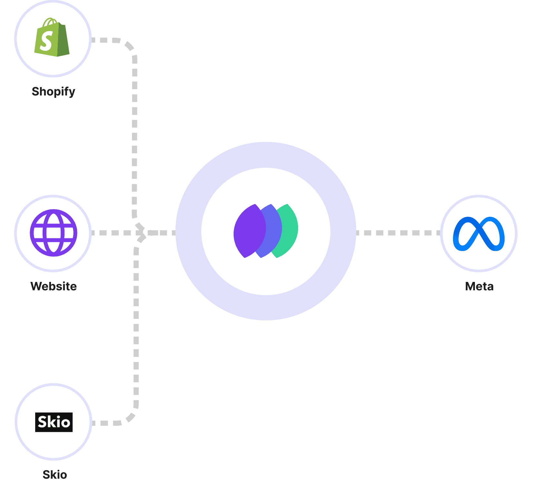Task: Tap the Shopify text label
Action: coord(53,92)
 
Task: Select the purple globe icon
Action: coord(54,233)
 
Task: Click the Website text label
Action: coord(54,286)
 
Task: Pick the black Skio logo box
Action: coord(54,422)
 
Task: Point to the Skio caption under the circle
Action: coord(55,475)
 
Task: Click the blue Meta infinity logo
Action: coord(479,234)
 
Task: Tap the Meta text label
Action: coord(479,286)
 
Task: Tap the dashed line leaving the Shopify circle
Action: coord(106,40)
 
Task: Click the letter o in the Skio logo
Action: coord(65,423)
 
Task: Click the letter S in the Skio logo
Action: coord(43,422)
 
